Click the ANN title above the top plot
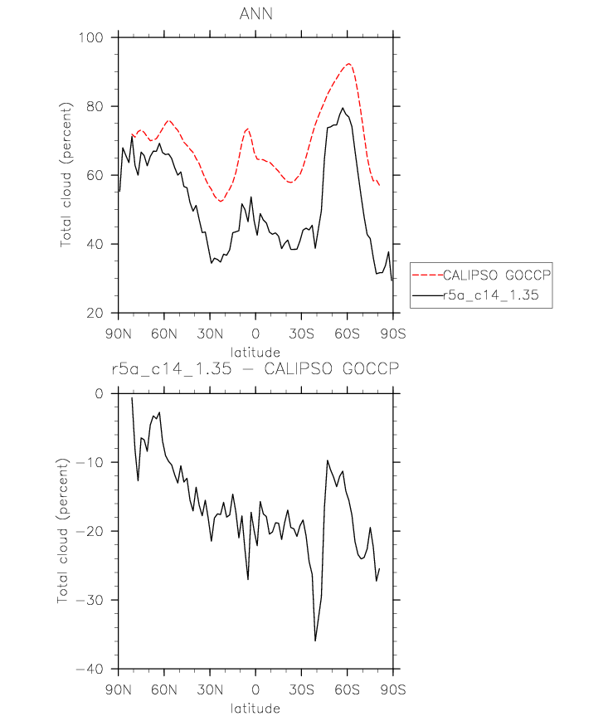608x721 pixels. [x=256, y=14]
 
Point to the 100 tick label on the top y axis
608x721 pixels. [x=91, y=37]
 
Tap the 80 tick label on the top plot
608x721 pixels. [x=95, y=106]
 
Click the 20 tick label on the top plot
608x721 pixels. [x=95, y=313]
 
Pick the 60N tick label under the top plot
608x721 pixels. [x=164, y=334]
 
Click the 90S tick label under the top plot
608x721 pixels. [x=393, y=334]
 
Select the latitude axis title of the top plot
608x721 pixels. [x=255, y=353]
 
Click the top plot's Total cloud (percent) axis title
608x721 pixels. [x=66, y=175]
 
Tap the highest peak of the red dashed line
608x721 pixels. [x=349, y=63]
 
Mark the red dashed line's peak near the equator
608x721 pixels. [x=248, y=129]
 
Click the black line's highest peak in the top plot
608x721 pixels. [x=343, y=108]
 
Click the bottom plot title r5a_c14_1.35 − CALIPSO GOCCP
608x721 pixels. [x=255, y=368]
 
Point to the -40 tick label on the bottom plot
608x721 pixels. [x=90, y=669]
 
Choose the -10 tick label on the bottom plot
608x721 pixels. [x=90, y=462]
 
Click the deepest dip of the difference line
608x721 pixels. [x=315, y=641]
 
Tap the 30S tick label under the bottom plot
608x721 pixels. [x=301, y=689]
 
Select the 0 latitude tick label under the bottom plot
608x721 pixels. [x=255, y=689]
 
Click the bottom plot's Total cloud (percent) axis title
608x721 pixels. [x=63, y=531]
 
